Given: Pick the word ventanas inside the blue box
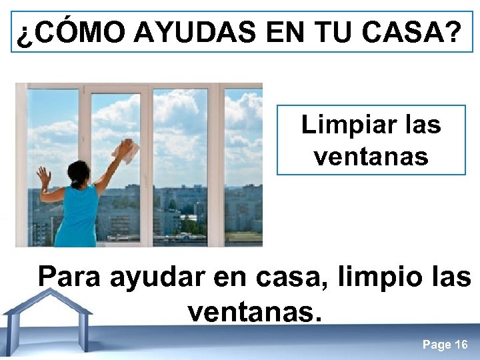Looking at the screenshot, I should [371, 157].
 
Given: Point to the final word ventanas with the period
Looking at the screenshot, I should [255, 311].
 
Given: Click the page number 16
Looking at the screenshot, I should [461, 345].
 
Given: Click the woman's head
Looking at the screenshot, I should [79, 173].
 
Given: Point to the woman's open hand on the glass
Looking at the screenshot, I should [44, 177].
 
